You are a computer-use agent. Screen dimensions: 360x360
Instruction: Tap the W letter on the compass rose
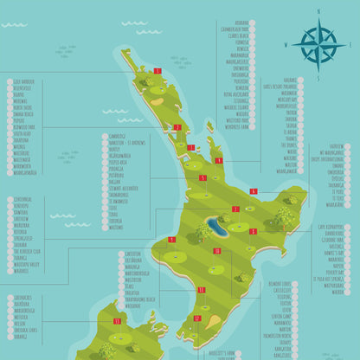coord(286,42)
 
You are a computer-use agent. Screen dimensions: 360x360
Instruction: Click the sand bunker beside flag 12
coord(213,321)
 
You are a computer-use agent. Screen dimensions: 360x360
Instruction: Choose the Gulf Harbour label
coord(23,81)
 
